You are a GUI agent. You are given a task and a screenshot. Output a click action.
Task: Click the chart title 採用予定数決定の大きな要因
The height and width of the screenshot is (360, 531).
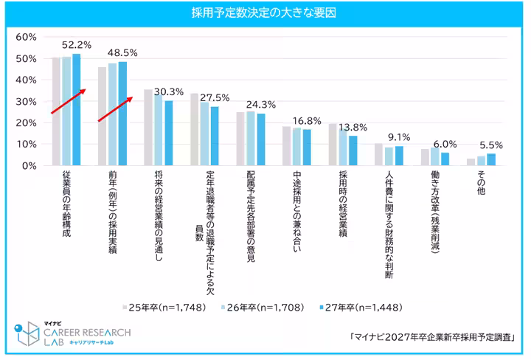265,13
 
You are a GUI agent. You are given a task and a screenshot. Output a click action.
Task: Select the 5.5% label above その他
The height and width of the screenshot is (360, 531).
491,146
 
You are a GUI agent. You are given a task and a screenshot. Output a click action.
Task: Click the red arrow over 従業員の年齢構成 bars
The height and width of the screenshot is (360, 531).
69,102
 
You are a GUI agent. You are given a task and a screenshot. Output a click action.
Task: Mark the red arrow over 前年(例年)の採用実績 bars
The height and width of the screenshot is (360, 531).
115,109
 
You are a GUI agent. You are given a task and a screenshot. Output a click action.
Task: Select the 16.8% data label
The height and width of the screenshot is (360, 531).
307,121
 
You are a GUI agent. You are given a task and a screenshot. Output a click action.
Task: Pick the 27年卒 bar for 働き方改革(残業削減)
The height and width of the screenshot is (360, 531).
445,159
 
